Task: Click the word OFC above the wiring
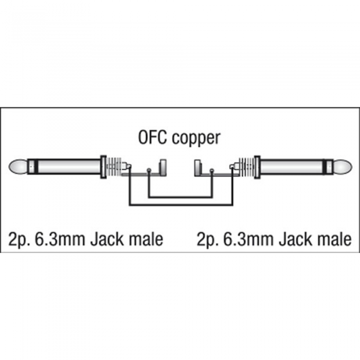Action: (152, 137)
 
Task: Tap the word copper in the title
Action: (196, 139)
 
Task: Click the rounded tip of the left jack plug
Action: (17, 167)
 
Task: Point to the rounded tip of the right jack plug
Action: (343, 167)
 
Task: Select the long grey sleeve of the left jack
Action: (69, 167)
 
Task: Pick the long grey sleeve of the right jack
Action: (292, 167)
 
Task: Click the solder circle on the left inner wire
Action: (149, 170)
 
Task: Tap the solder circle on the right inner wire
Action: (212, 170)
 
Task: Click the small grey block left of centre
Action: (163, 167)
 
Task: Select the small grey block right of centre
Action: (197, 167)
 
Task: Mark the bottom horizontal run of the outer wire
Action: (181, 205)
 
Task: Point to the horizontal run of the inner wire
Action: (180, 197)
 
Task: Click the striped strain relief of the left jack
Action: (114, 167)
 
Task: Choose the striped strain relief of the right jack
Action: (246, 167)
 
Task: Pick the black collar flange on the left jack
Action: (103, 167)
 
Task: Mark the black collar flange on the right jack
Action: (257, 167)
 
